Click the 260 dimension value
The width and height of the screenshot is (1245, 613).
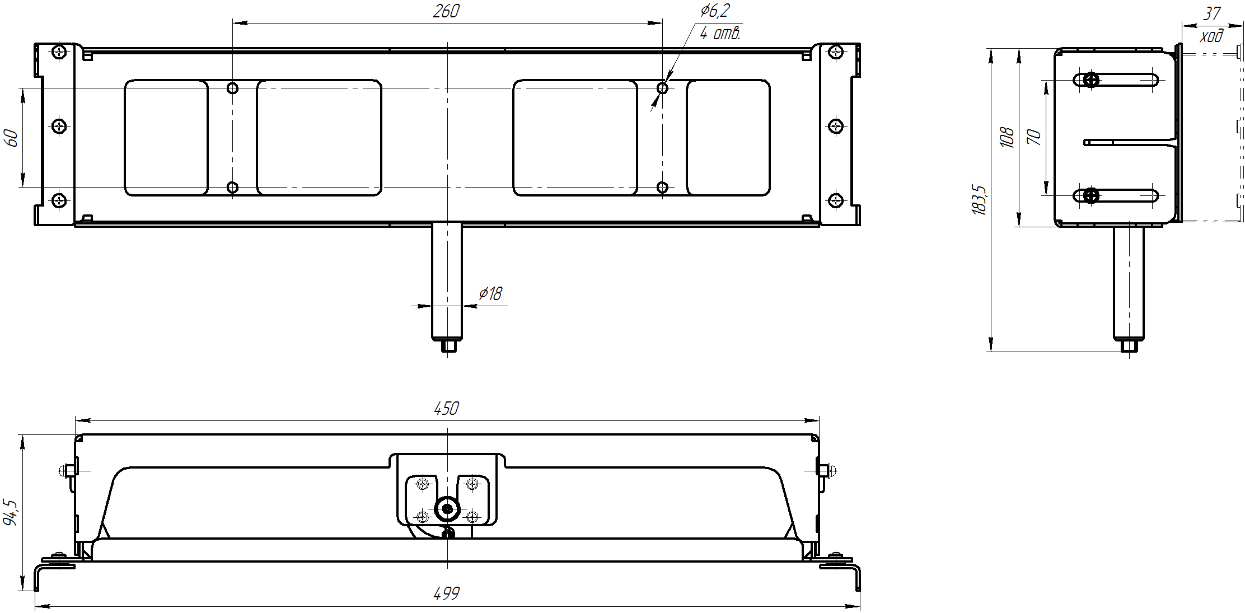coord(446,11)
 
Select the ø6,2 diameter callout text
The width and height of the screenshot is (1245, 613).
coord(715,11)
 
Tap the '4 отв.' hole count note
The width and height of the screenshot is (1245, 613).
coord(720,33)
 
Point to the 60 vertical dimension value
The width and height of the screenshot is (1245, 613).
coord(11,138)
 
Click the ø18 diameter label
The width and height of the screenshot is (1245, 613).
coord(491,293)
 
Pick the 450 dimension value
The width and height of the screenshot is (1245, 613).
coord(446,409)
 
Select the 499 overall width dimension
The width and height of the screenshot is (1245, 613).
coord(446,593)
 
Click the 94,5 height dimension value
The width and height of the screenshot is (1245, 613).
coord(11,512)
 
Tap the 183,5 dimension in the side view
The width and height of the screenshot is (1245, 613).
coord(980,199)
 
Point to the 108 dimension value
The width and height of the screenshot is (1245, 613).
coord(1007,137)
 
